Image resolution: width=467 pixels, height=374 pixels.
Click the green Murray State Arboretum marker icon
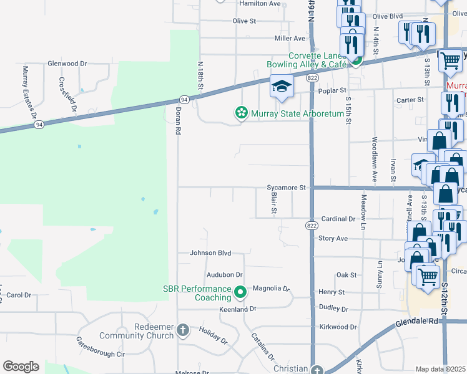tap(240, 113)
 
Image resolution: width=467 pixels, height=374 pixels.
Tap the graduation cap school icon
tap(282, 87)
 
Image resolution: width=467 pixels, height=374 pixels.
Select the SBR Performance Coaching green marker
tap(240, 292)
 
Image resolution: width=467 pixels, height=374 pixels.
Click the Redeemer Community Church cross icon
tap(182, 329)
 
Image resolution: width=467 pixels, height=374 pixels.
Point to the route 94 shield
tap(184, 100)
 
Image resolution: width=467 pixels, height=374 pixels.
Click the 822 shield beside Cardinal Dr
tap(310, 225)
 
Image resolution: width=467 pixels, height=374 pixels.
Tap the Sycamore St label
tap(286, 187)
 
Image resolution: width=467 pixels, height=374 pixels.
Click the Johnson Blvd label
tap(210, 253)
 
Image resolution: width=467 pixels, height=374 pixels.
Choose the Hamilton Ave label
tap(260, 4)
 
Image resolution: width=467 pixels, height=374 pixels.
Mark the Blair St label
tap(273, 203)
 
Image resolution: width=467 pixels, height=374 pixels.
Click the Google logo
tap(21, 367)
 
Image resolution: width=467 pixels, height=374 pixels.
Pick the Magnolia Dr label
tap(271, 289)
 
